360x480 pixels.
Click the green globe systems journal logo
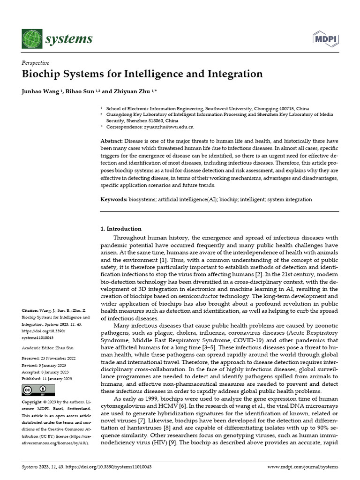coord(31,38)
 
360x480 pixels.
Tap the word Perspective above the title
coord(36,63)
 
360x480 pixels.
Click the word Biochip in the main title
coord(41,74)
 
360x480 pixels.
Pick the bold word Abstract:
coord(112,141)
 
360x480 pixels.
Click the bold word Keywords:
coord(114,199)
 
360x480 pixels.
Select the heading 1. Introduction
coord(121,229)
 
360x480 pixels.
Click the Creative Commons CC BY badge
coord(38,390)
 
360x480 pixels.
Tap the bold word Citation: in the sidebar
coord(31,311)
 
